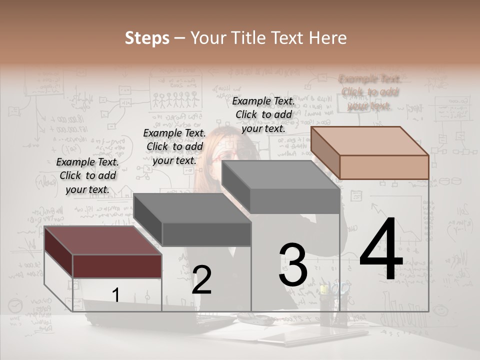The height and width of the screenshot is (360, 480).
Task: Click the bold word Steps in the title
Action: pyautogui.click(x=147, y=38)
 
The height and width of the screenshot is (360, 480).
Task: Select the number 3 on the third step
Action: pyautogui.click(x=293, y=265)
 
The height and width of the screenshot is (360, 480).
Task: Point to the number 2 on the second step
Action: pyautogui.click(x=201, y=280)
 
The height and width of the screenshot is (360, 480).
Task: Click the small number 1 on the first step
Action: pyautogui.click(x=115, y=295)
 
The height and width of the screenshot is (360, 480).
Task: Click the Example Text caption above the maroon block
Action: pyautogui.click(x=88, y=175)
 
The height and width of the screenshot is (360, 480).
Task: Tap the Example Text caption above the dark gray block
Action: pyautogui.click(x=174, y=146)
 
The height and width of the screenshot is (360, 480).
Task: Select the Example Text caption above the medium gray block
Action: pyautogui.click(x=263, y=114)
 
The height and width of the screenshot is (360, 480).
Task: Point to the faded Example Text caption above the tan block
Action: pyautogui.click(x=370, y=92)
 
